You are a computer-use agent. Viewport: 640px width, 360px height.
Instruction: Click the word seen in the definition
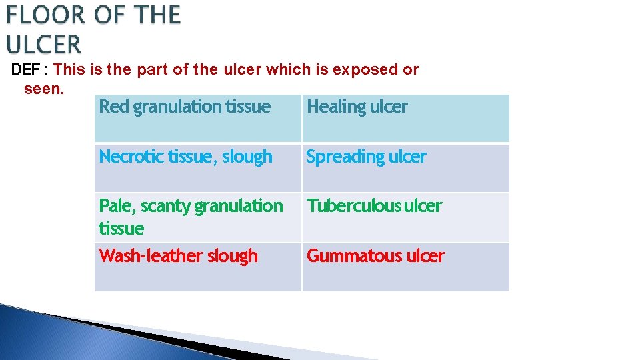(x=43, y=89)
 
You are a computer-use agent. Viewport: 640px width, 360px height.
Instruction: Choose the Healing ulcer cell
(x=405, y=118)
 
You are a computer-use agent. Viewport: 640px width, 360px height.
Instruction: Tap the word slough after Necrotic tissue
(x=247, y=157)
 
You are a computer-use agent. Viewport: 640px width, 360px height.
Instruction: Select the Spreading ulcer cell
(x=405, y=168)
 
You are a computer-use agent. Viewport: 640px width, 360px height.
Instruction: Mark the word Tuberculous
(x=353, y=206)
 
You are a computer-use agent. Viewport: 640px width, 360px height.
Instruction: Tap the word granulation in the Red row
(x=177, y=107)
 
